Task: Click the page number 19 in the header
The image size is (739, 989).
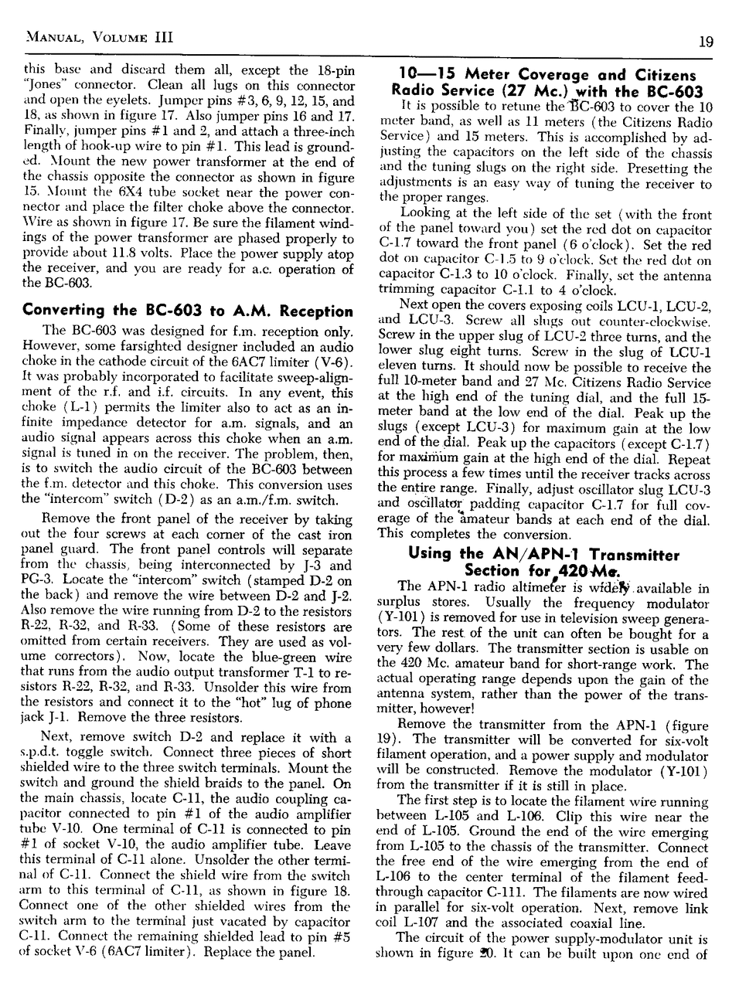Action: [704, 42]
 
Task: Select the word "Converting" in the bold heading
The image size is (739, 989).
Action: [63, 311]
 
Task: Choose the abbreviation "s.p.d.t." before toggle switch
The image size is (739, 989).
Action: [44, 753]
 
